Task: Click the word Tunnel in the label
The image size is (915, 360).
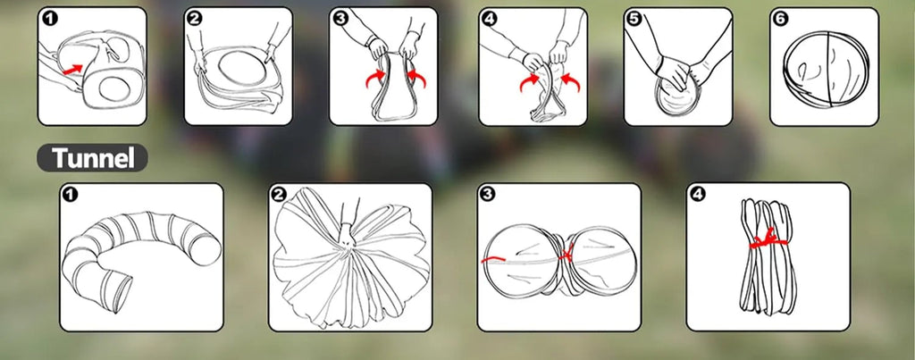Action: coord(92,158)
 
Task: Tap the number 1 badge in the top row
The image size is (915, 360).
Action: coord(50,19)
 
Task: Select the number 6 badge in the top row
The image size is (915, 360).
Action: coord(782,19)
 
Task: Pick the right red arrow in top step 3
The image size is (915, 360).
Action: coord(416,79)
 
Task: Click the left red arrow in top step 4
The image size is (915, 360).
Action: coord(530,82)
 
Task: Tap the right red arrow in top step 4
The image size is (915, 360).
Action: coord(570,82)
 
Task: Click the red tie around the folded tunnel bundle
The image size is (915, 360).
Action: coord(768,239)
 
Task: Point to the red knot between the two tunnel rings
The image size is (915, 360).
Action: coord(565,255)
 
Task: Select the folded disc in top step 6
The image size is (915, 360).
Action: coord(826,67)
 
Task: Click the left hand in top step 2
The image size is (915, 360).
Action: coord(200,61)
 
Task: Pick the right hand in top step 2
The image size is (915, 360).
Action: coord(270,53)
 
